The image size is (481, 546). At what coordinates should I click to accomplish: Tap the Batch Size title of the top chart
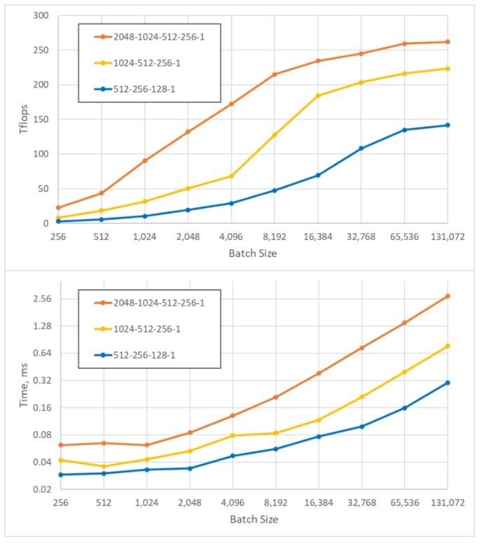(253, 253)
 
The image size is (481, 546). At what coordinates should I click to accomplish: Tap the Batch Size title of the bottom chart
(253, 519)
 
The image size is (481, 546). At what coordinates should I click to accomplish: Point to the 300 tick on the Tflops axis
(41, 15)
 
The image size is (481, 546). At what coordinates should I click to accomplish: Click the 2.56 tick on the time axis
(38, 299)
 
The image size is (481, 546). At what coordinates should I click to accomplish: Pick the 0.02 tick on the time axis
(38, 489)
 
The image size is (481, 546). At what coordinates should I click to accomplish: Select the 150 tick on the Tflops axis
(41, 119)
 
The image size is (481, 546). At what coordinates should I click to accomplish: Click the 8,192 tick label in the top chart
(274, 237)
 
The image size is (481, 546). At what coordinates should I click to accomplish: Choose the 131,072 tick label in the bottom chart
(448, 503)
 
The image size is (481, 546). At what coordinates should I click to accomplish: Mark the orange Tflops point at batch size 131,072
(447, 42)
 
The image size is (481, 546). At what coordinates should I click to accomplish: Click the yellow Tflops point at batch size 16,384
(318, 96)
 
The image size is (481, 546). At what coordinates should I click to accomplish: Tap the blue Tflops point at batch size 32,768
(361, 148)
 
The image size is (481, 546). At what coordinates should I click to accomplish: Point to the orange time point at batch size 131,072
(447, 296)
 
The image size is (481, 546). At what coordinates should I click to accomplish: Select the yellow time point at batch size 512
(104, 466)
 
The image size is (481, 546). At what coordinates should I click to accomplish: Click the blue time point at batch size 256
(60, 475)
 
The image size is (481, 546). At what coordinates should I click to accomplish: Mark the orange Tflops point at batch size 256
(59, 208)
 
